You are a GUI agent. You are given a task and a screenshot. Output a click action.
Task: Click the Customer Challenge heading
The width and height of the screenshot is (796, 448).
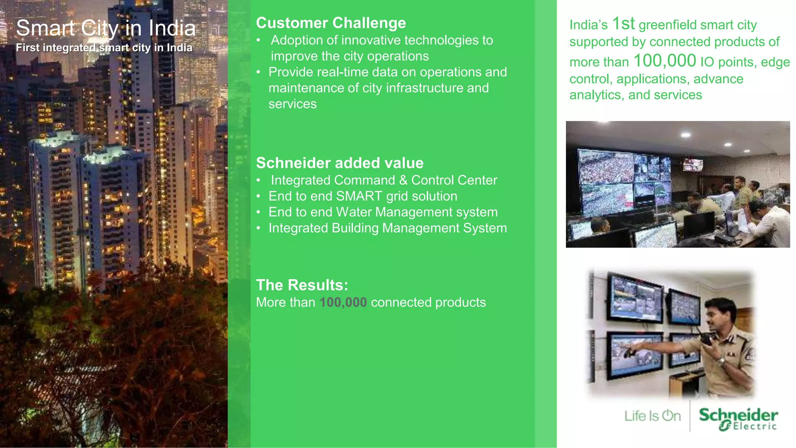331,23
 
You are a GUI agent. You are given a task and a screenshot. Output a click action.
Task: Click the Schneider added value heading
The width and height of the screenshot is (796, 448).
339,163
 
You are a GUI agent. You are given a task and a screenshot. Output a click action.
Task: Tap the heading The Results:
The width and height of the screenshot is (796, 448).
302,285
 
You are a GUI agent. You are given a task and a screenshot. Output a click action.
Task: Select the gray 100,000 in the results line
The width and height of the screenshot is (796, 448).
343,302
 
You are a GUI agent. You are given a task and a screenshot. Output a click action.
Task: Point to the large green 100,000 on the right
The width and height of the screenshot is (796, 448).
664,61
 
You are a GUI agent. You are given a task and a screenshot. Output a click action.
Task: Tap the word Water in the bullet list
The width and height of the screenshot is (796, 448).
354,212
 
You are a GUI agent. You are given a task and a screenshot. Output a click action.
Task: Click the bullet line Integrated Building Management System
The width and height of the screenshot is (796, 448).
387,228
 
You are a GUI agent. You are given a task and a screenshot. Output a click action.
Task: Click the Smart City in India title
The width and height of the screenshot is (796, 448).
106,28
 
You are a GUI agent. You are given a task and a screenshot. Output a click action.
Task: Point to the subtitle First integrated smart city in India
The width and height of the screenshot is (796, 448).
104,47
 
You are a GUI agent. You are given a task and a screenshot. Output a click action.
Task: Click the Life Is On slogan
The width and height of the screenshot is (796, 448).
652,416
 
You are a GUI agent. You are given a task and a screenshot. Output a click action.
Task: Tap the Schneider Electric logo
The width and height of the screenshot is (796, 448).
738,418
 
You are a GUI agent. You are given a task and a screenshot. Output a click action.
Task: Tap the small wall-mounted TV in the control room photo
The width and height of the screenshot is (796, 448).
693,165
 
